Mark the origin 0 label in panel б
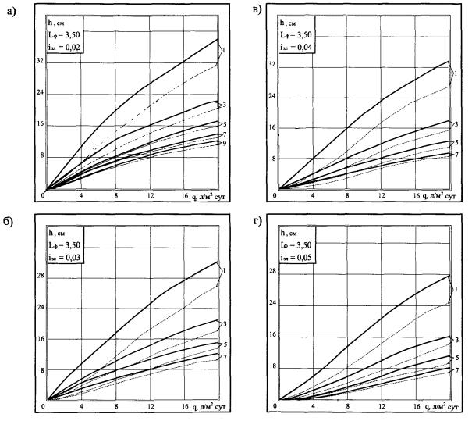44,407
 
